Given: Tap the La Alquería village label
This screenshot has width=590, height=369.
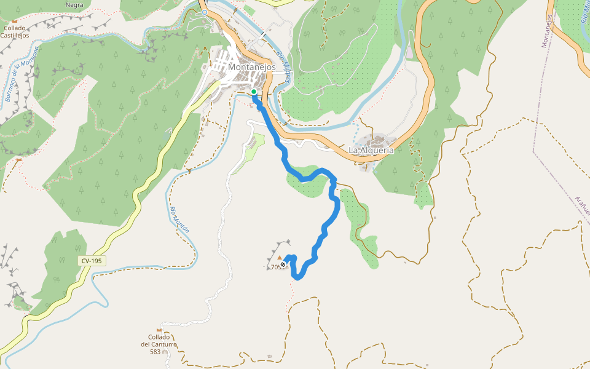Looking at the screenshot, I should (371, 150).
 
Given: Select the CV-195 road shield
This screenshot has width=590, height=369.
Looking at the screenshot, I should (92, 261).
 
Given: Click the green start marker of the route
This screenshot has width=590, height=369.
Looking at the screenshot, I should (254, 92).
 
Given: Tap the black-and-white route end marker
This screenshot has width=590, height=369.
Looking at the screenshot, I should (283, 264).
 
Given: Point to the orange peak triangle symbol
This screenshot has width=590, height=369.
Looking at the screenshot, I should (280, 257).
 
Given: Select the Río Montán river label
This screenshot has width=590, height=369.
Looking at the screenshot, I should (180, 219).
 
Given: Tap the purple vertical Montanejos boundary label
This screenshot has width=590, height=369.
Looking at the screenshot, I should (546, 31).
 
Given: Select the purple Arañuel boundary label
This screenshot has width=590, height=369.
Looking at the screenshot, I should (581, 206).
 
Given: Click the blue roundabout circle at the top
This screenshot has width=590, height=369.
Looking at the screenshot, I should (205, 12).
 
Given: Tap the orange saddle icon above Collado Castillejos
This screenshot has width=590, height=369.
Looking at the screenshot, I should (15, 21).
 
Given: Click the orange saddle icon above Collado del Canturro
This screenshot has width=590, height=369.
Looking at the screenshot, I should (159, 330).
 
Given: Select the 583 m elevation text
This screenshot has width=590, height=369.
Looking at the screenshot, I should (159, 352).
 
